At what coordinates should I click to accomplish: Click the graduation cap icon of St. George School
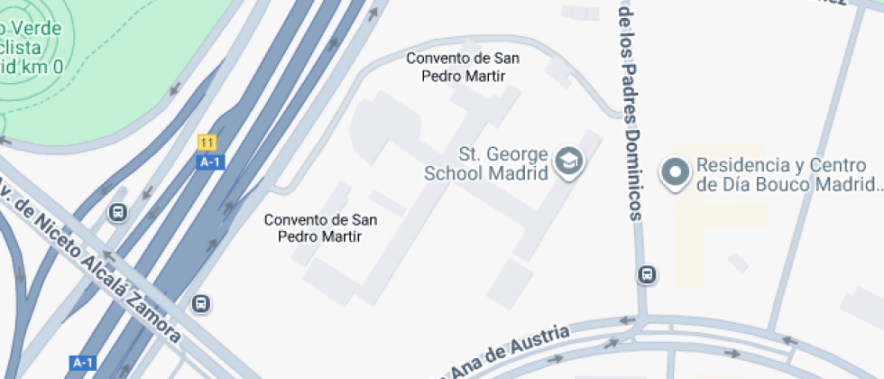point(570,162)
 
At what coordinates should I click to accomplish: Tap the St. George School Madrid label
point(504,163)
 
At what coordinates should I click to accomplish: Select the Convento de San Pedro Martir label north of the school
point(463,67)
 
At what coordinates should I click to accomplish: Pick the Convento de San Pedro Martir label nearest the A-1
point(320,227)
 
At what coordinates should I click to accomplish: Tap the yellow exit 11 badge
point(207,143)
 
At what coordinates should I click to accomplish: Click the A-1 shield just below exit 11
point(209,162)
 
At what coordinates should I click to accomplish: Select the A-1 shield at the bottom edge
point(82,363)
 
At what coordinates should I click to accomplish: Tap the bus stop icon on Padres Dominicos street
point(647,274)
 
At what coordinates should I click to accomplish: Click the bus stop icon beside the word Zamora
point(202,304)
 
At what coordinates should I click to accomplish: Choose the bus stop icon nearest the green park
point(116,213)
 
